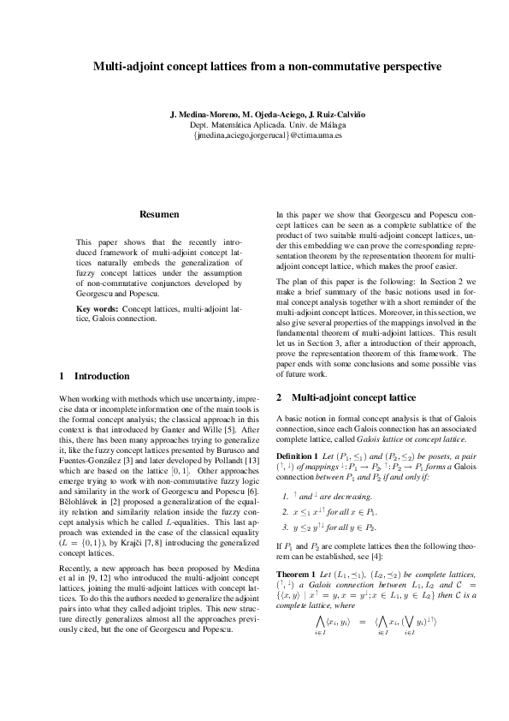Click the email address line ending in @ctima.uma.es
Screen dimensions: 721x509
coord(255,135)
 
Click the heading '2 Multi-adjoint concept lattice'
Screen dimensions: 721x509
coord(334,398)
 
